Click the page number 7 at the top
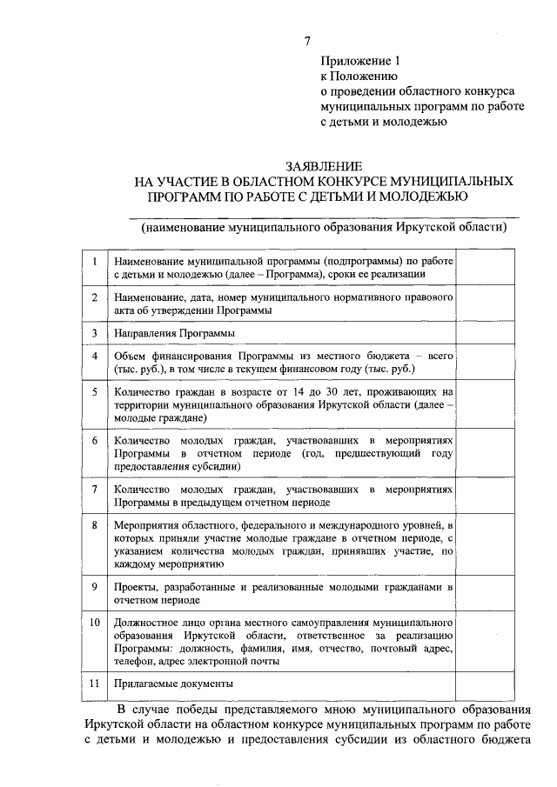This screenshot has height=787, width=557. (305, 42)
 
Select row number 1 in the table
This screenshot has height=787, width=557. (94, 260)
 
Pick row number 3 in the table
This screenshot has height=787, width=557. (94, 332)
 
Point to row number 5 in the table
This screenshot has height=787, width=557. (94, 392)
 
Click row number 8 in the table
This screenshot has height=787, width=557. (94, 526)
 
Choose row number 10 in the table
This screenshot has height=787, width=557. (94, 624)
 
